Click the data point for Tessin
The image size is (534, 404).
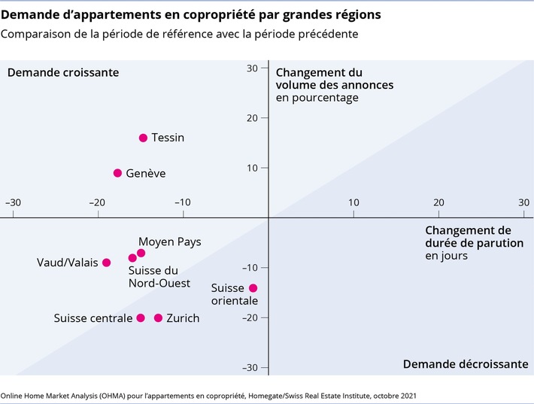(143, 138)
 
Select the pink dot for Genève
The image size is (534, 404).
(117, 173)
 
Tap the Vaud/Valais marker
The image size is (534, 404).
(106, 263)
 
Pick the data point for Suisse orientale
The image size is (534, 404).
(253, 288)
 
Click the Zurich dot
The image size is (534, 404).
(158, 318)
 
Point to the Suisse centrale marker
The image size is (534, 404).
(141, 318)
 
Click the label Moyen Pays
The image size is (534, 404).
(170, 241)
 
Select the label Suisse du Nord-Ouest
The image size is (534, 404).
(159, 276)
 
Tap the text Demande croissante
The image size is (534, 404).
(63, 72)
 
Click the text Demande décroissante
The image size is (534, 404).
(465, 363)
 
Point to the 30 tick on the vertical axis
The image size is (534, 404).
(253, 68)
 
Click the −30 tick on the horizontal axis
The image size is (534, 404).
(13, 202)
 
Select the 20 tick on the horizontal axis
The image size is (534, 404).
(438, 202)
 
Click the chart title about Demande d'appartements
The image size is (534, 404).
(190, 15)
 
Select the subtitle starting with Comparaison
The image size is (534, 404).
(179, 34)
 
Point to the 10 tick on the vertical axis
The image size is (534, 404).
(253, 168)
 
